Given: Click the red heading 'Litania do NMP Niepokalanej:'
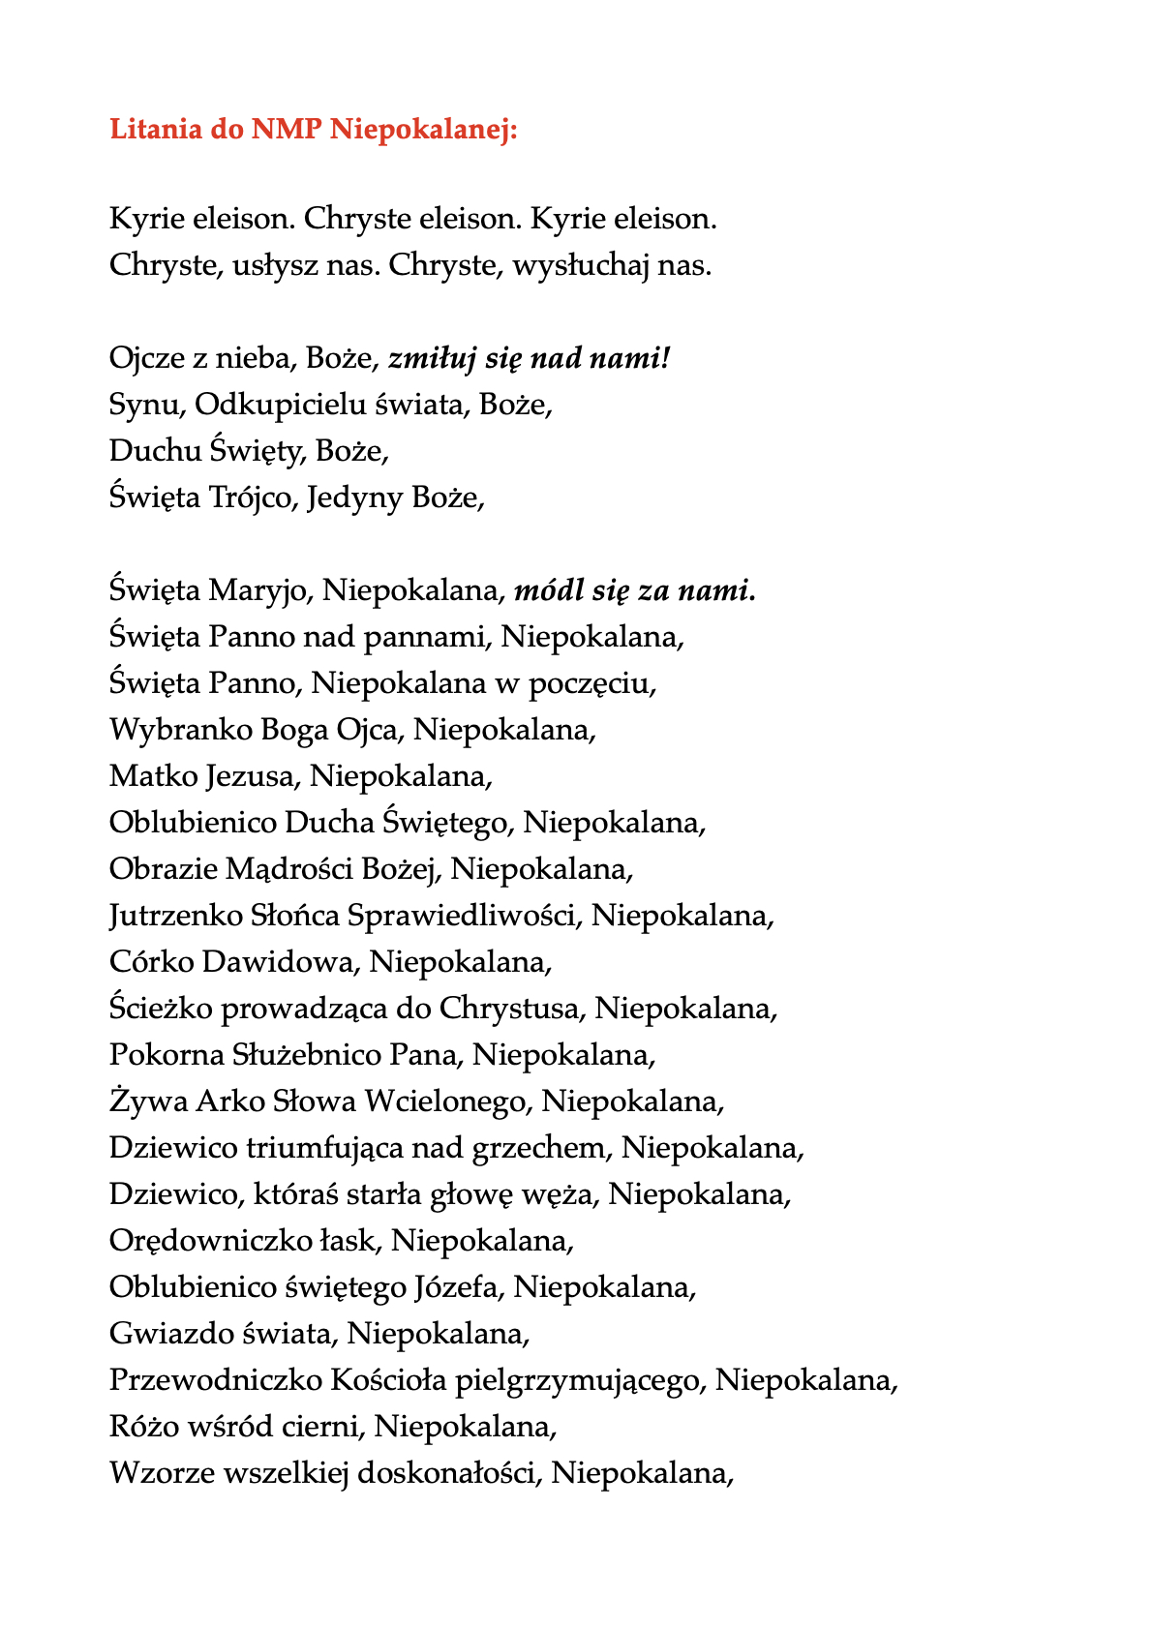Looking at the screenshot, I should point(314,129).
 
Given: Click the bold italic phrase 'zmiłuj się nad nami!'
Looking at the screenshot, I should point(529,359).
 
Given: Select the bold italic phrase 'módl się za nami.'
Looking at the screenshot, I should point(634,590).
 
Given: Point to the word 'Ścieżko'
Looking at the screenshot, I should point(160,1009).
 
